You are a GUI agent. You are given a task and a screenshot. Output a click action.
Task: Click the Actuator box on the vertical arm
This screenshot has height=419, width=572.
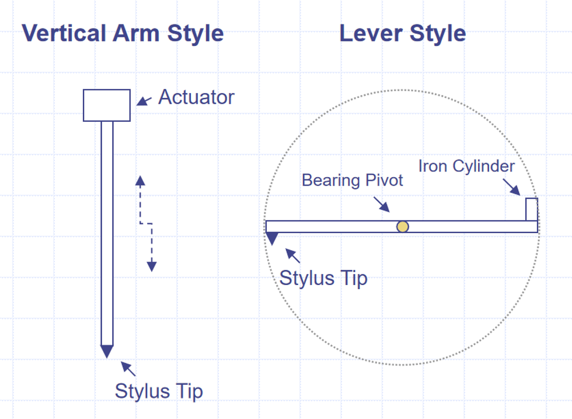[x=107, y=105]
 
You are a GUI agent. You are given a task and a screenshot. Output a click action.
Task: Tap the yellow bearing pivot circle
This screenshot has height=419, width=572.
[x=403, y=227]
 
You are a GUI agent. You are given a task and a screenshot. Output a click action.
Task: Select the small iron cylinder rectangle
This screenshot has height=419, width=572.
[x=531, y=209]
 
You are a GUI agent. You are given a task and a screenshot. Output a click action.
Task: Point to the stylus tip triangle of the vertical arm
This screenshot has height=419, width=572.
[x=107, y=351]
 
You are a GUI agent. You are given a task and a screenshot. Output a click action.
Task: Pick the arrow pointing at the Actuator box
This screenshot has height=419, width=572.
[x=144, y=101]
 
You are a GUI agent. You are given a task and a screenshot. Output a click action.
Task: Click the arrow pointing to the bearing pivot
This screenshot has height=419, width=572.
[x=381, y=203]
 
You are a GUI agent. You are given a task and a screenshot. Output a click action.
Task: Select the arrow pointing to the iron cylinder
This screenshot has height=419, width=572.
[x=511, y=186]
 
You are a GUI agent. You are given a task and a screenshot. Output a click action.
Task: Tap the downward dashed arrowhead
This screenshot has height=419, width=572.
[x=152, y=266]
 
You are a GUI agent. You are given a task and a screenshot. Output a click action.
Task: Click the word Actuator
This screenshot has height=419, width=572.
[x=196, y=97]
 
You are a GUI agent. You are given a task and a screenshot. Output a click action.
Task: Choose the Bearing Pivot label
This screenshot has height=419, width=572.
[x=352, y=180]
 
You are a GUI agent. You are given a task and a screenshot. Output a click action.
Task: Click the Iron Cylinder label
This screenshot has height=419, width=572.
[x=466, y=166]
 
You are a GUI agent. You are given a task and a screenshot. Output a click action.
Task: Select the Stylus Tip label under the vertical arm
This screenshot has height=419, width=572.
[x=159, y=390]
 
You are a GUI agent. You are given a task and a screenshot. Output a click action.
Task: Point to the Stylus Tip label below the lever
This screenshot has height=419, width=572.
[x=323, y=277]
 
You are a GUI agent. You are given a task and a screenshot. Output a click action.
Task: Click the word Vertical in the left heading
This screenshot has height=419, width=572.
[x=62, y=33]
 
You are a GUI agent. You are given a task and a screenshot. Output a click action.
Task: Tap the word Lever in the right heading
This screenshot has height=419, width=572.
[x=367, y=33]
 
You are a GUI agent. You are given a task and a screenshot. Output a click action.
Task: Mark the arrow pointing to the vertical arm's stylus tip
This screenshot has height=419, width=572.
[x=128, y=369]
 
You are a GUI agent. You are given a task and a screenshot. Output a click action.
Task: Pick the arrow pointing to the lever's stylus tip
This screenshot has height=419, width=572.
[x=293, y=256]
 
